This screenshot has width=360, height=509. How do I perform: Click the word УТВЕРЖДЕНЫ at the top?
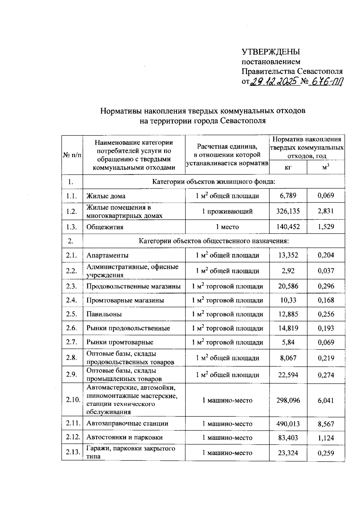pos(271,52)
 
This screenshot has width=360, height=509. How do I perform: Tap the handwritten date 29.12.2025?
pos(274,81)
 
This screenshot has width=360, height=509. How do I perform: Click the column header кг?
pos(288,168)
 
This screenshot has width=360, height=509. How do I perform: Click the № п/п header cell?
pos(72,155)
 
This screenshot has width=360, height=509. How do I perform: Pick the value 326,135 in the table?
pos(288,211)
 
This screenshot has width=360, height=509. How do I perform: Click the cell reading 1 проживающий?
pos(227,211)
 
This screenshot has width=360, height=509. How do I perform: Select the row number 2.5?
pos(72,314)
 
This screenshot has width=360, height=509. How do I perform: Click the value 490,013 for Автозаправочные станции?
pos(288,424)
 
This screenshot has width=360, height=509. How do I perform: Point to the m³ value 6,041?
pos(326,400)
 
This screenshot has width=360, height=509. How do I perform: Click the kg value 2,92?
pos(288,271)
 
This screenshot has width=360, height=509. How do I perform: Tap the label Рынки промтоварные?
pos(120,342)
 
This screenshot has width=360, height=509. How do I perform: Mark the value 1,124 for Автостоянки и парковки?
pos(326,438)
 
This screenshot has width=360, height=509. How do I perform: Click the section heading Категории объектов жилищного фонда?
pos(214,182)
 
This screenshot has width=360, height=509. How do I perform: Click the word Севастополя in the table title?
pos(243,121)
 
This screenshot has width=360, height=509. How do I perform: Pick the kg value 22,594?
pos(288,375)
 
